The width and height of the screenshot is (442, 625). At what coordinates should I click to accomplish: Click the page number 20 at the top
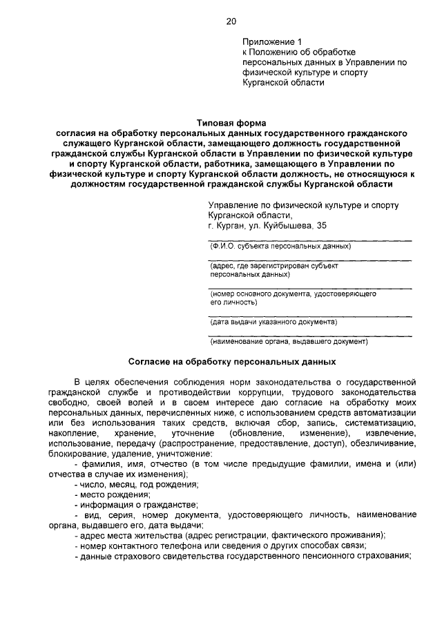pyautogui.click(x=231, y=21)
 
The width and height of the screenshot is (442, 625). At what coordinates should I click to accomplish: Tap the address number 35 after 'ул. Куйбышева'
pyautogui.click(x=322, y=226)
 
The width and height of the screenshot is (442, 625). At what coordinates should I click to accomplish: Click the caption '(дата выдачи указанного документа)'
pyautogui.click(x=273, y=322)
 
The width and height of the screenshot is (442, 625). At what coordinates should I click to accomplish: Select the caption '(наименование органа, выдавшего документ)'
pyautogui.click(x=289, y=341)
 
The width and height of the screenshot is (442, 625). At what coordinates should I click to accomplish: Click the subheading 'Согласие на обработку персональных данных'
pyautogui.click(x=232, y=361)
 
